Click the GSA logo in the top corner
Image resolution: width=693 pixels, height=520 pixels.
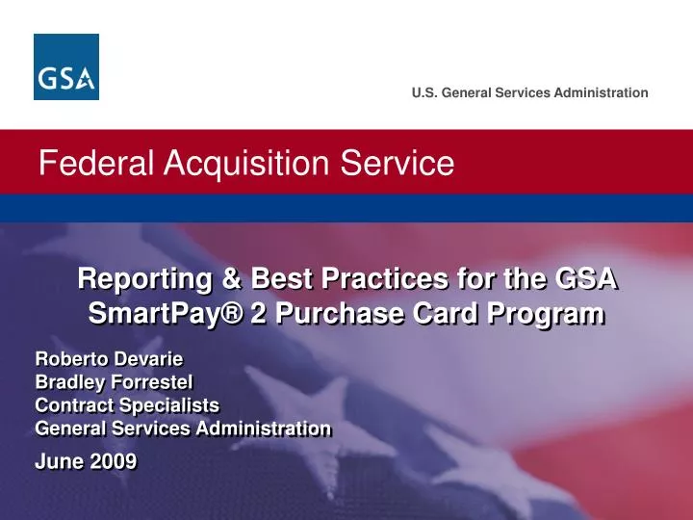point(66,66)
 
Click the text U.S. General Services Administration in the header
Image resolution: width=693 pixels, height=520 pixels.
point(529,92)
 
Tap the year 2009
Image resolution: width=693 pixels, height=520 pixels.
point(114,461)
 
